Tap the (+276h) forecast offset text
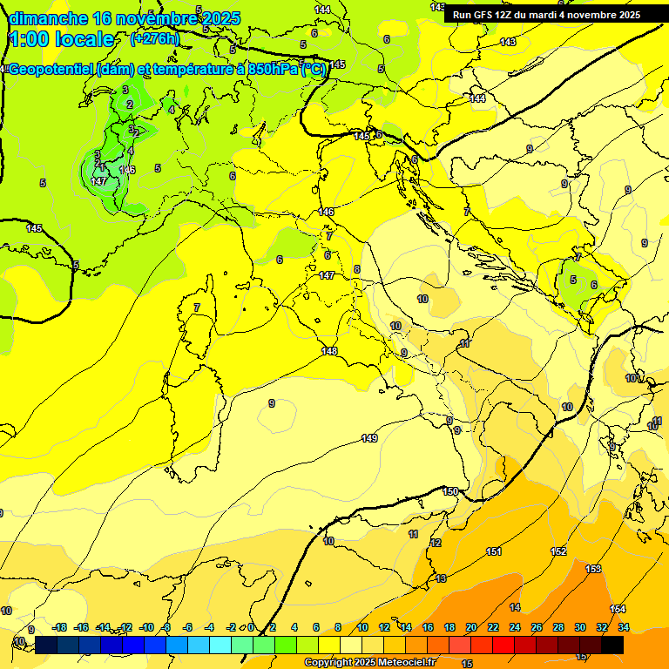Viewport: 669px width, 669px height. pyautogui.click(x=155, y=38)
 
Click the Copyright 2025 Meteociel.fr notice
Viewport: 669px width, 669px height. pyautogui.click(x=370, y=663)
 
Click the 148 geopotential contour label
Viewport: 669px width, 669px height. pyautogui.click(x=329, y=351)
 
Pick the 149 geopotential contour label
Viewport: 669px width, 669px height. pyautogui.click(x=369, y=438)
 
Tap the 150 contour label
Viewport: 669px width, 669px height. pyautogui.click(x=450, y=492)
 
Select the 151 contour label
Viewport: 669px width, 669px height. pyautogui.click(x=494, y=551)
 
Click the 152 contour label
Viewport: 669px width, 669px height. pyautogui.click(x=559, y=551)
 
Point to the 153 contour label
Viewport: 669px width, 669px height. pyautogui.click(x=593, y=569)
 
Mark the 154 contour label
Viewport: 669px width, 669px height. pyautogui.click(x=618, y=609)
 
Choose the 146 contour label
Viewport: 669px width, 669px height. pyautogui.click(x=128, y=169)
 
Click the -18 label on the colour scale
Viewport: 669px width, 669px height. pyautogui.click(x=59, y=627)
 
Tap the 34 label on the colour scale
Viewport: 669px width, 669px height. pyautogui.click(x=624, y=627)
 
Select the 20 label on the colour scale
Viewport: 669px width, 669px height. pyautogui.click(x=471, y=627)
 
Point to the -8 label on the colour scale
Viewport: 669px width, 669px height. pyautogui.click(x=166, y=627)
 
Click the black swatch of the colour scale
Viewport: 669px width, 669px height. pyautogui.click(x=612, y=645)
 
